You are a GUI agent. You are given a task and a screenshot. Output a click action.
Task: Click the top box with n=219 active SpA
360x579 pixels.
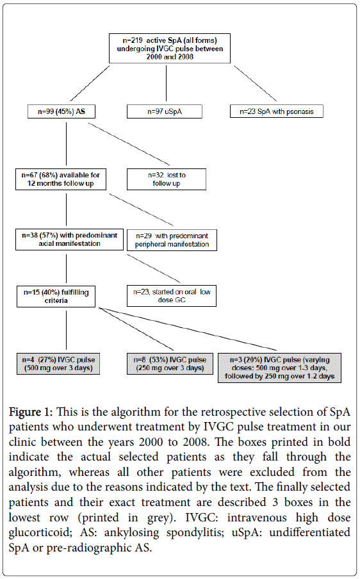[x=170, y=49]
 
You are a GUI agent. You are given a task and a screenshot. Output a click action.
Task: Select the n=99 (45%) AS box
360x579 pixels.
[x=61, y=111]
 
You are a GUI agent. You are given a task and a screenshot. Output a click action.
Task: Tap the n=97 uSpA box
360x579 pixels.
[x=165, y=111]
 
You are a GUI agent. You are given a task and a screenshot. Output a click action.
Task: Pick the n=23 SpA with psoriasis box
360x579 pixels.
[x=277, y=111]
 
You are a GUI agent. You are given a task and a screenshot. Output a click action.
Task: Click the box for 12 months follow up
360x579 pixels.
[x=61, y=179]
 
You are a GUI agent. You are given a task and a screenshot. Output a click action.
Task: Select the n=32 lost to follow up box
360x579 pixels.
[x=167, y=179]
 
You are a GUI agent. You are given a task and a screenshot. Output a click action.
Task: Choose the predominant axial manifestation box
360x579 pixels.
[x=69, y=240]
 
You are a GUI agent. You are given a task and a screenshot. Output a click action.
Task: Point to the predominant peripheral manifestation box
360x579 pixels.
[x=172, y=240]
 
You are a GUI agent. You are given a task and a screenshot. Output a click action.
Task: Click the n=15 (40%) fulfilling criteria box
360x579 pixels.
[x=56, y=296]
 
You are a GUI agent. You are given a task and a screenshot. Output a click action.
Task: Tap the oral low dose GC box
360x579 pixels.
[x=172, y=296]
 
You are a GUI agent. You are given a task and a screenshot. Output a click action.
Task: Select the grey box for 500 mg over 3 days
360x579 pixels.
[x=58, y=364]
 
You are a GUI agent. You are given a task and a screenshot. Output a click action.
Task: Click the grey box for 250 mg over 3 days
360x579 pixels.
[x=170, y=364]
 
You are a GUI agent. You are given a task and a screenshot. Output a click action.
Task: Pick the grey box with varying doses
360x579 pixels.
[x=279, y=368]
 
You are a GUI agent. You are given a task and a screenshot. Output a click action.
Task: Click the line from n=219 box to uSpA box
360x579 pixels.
[x=166, y=83]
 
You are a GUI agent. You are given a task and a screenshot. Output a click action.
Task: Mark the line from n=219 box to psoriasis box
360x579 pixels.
[x=255, y=83]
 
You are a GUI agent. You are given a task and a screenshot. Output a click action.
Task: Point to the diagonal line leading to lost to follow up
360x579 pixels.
[x=129, y=144]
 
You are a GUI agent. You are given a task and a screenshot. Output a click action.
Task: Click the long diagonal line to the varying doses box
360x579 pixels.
[x=188, y=329]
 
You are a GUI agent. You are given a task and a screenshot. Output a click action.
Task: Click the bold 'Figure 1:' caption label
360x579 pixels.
[x=31, y=412]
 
